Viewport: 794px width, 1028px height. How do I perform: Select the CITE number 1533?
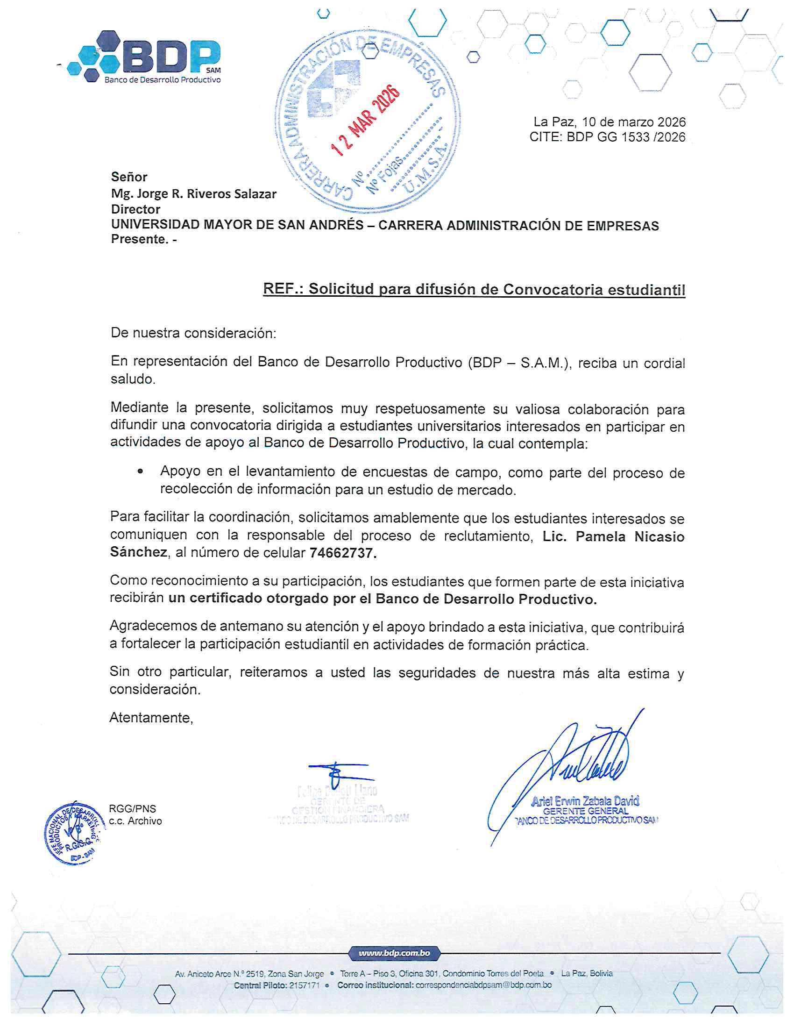point(638,137)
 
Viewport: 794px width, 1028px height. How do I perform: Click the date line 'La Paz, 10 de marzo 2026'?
point(609,122)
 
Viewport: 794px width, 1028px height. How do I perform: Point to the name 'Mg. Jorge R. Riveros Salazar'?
point(193,193)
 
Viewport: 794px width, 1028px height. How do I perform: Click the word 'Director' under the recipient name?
point(135,209)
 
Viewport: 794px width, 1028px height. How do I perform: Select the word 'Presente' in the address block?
point(139,239)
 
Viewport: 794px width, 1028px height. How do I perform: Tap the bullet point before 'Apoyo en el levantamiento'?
point(140,471)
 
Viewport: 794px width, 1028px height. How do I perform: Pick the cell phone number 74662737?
point(342,553)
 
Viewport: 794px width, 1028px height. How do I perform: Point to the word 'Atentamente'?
point(151,717)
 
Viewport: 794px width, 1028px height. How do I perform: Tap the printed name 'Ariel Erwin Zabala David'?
point(585,800)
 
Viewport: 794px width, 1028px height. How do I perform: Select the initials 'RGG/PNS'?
point(132,809)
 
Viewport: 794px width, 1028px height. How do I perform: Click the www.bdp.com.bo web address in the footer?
point(394,953)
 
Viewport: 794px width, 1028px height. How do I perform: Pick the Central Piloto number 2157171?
point(305,985)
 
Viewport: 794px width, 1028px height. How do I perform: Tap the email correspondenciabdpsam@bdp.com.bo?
point(483,985)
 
